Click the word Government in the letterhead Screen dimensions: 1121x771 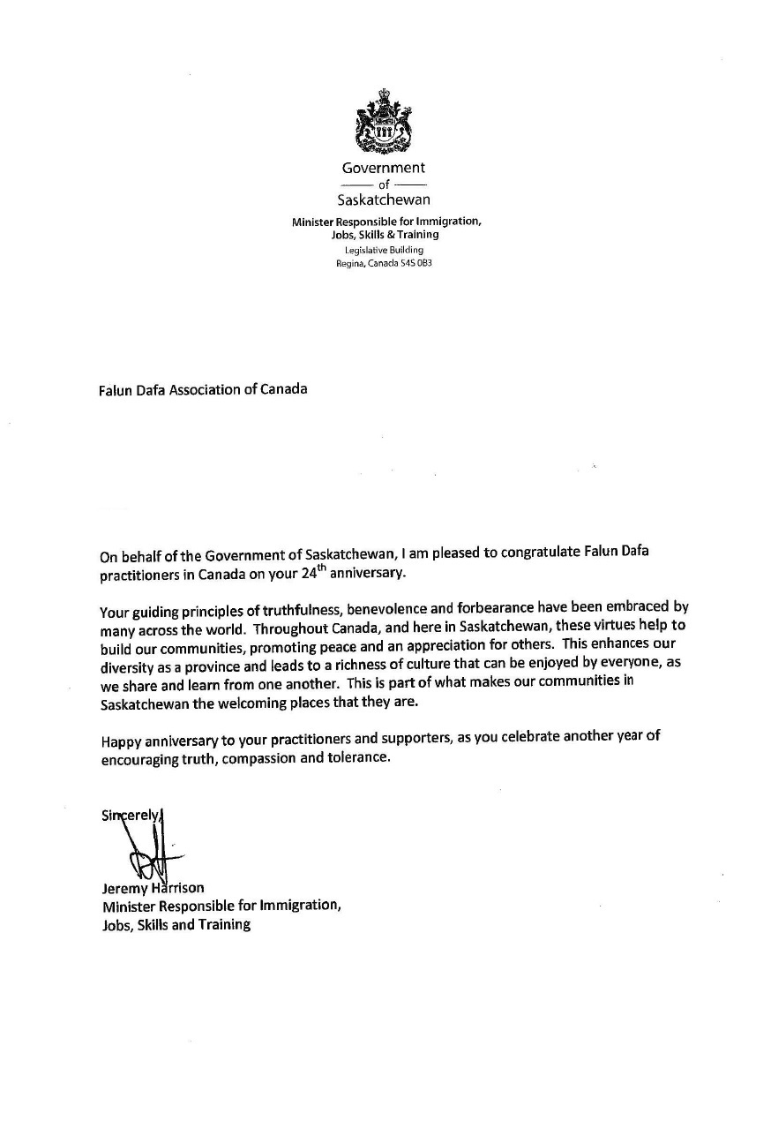pyautogui.click(x=384, y=167)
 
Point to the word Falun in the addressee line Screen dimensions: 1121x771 pyautogui.click(x=116, y=388)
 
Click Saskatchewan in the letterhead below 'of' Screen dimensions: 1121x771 pyautogui.click(x=384, y=199)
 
